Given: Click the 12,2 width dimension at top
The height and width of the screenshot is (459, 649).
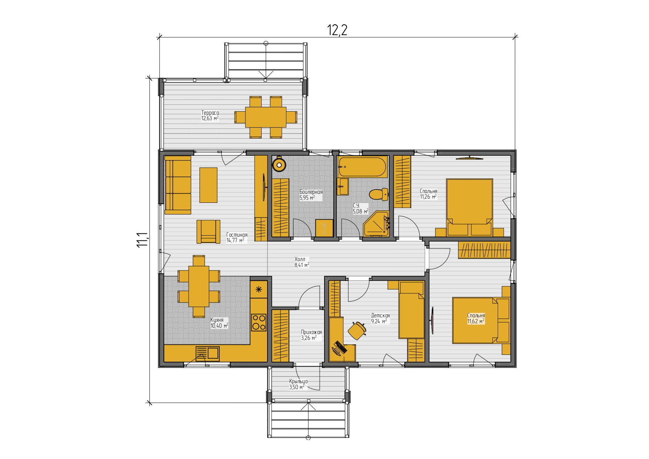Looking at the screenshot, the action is click(337, 30).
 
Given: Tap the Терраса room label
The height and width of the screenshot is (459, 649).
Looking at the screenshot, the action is click(210, 113).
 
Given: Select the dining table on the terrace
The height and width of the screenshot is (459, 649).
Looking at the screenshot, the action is click(266, 117).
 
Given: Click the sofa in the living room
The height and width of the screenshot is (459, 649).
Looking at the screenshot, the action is click(178, 185).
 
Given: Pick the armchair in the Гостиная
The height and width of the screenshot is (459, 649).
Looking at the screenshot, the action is click(208, 232).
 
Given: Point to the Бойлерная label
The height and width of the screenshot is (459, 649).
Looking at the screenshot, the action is click(311, 192).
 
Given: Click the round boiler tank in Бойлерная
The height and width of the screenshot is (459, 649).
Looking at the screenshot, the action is click(279, 164).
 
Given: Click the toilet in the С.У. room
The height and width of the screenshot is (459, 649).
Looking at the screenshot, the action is click(379, 194).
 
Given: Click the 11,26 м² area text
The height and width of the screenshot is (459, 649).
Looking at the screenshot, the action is click(428, 197).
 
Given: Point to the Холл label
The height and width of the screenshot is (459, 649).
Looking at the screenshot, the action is click(300, 259).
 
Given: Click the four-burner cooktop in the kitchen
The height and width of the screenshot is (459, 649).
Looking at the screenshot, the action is click(259, 322).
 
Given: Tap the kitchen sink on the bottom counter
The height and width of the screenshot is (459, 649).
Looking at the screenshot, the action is click(207, 353).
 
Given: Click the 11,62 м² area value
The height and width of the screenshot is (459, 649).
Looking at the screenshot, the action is click(476, 321).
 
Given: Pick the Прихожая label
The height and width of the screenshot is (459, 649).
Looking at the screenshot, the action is click(311, 332).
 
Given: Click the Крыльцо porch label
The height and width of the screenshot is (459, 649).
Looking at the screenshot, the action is click(298, 381).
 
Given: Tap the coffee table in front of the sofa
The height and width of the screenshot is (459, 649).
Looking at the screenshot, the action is click(209, 185).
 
